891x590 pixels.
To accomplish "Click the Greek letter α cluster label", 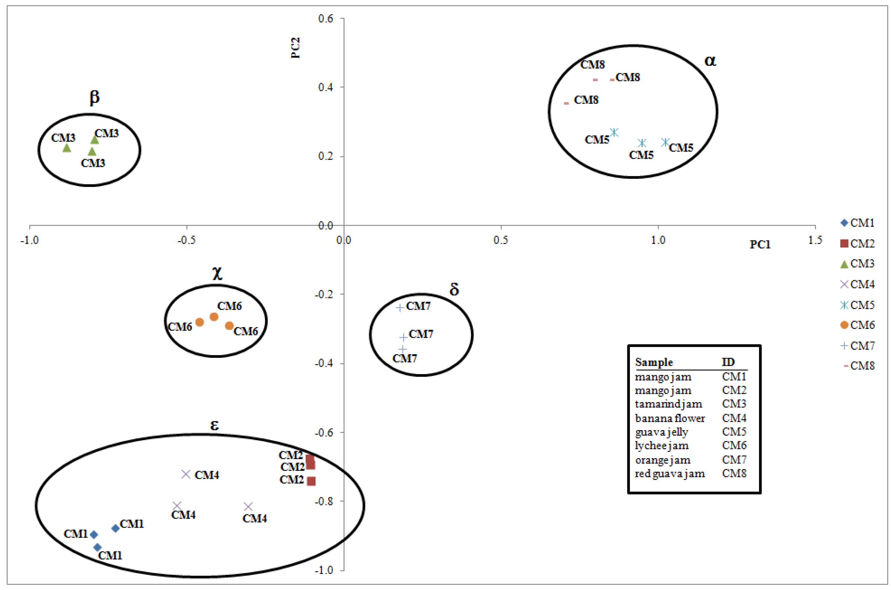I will point(710,61).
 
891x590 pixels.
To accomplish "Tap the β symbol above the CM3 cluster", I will point(94,97).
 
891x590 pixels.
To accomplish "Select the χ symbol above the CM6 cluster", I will point(217,273).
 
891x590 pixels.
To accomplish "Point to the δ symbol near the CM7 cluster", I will point(454,289).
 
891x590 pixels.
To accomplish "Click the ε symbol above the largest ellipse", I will point(214,425).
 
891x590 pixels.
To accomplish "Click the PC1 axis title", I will point(760,245).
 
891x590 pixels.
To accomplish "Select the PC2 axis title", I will point(296,48).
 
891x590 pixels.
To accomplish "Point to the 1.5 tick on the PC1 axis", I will point(815,240).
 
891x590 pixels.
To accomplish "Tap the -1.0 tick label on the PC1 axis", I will point(29,240).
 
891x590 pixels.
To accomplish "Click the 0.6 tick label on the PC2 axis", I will point(326,18).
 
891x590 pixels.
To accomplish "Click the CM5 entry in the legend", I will point(857,305).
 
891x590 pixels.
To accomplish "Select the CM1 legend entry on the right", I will point(857,223).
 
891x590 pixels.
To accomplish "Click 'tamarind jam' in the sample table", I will point(668,404).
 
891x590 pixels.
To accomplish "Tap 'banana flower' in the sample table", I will point(670,418).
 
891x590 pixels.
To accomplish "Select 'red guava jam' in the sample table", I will point(670,473).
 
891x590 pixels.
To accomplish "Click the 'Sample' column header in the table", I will point(654,362).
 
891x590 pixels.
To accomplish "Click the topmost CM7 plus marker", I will point(400,308).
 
